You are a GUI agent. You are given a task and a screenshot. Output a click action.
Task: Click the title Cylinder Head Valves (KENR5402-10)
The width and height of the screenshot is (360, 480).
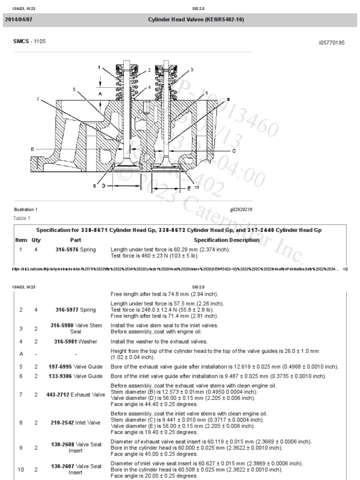[x=196, y=19]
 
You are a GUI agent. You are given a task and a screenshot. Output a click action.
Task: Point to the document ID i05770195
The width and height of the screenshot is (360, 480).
[x=331, y=43]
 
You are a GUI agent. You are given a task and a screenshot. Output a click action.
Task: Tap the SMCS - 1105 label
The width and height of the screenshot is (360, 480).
[x=30, y=42]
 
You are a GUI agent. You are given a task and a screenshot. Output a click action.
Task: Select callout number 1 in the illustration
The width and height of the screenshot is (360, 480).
[x=99, y=67]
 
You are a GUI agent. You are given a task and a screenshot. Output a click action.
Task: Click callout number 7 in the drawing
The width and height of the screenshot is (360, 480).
[x=38, y=99]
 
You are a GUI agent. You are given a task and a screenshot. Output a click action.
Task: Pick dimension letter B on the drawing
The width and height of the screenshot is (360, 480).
[x=32, y=149]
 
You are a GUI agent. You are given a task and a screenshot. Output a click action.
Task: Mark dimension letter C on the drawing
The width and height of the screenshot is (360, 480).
[x=233, y=151]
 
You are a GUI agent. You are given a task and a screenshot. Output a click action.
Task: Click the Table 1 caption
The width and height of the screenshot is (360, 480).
[x=22, y=218]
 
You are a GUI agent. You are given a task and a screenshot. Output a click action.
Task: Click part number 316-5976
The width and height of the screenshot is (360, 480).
[x=68, y=249]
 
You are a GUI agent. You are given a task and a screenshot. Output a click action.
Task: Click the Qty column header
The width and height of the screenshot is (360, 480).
[x=36, y=240]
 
